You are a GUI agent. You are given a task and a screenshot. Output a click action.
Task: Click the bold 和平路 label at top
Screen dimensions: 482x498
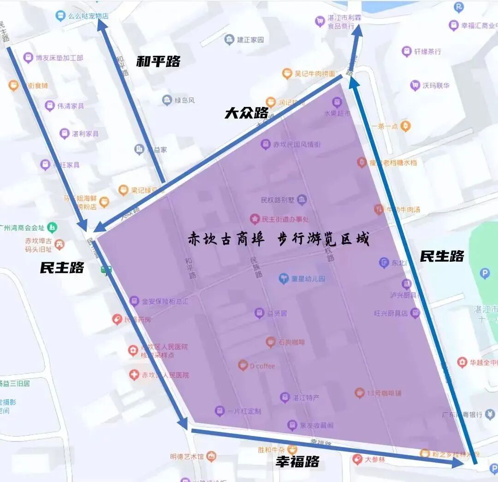(x=158, y=61)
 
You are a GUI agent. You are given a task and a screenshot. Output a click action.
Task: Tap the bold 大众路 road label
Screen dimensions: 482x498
(x=246, y=113)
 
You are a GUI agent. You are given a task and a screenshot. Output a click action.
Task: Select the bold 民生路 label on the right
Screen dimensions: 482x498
(x=441, y=256)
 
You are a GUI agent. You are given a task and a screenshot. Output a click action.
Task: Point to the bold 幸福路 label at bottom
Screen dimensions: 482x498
(x=297, y=461)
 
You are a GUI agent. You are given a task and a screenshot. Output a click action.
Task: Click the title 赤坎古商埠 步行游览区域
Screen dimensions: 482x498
(x=279, y=239)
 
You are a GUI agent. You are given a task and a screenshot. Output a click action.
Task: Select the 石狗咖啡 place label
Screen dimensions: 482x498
(x=291, y=342)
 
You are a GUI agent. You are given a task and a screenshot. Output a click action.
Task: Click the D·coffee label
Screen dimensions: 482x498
(x=262, y=366)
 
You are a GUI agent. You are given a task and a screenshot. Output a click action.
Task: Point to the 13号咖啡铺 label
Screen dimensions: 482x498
(x=384, y=393)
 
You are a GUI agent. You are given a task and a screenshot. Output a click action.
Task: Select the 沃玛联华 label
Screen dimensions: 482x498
(x=436, y=85)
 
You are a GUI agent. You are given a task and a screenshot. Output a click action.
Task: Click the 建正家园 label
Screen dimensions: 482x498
(x=250, y=40)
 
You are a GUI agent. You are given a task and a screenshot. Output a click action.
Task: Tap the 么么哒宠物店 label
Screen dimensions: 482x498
(x=88, y=16)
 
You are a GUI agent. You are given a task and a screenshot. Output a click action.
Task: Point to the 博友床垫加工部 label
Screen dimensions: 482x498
(x=59, y=58)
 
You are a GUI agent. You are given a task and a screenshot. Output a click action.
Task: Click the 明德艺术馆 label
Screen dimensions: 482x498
(x=187, y=457)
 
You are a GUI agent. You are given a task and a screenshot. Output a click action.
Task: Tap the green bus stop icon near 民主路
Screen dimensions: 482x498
(x=106, y=270)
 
